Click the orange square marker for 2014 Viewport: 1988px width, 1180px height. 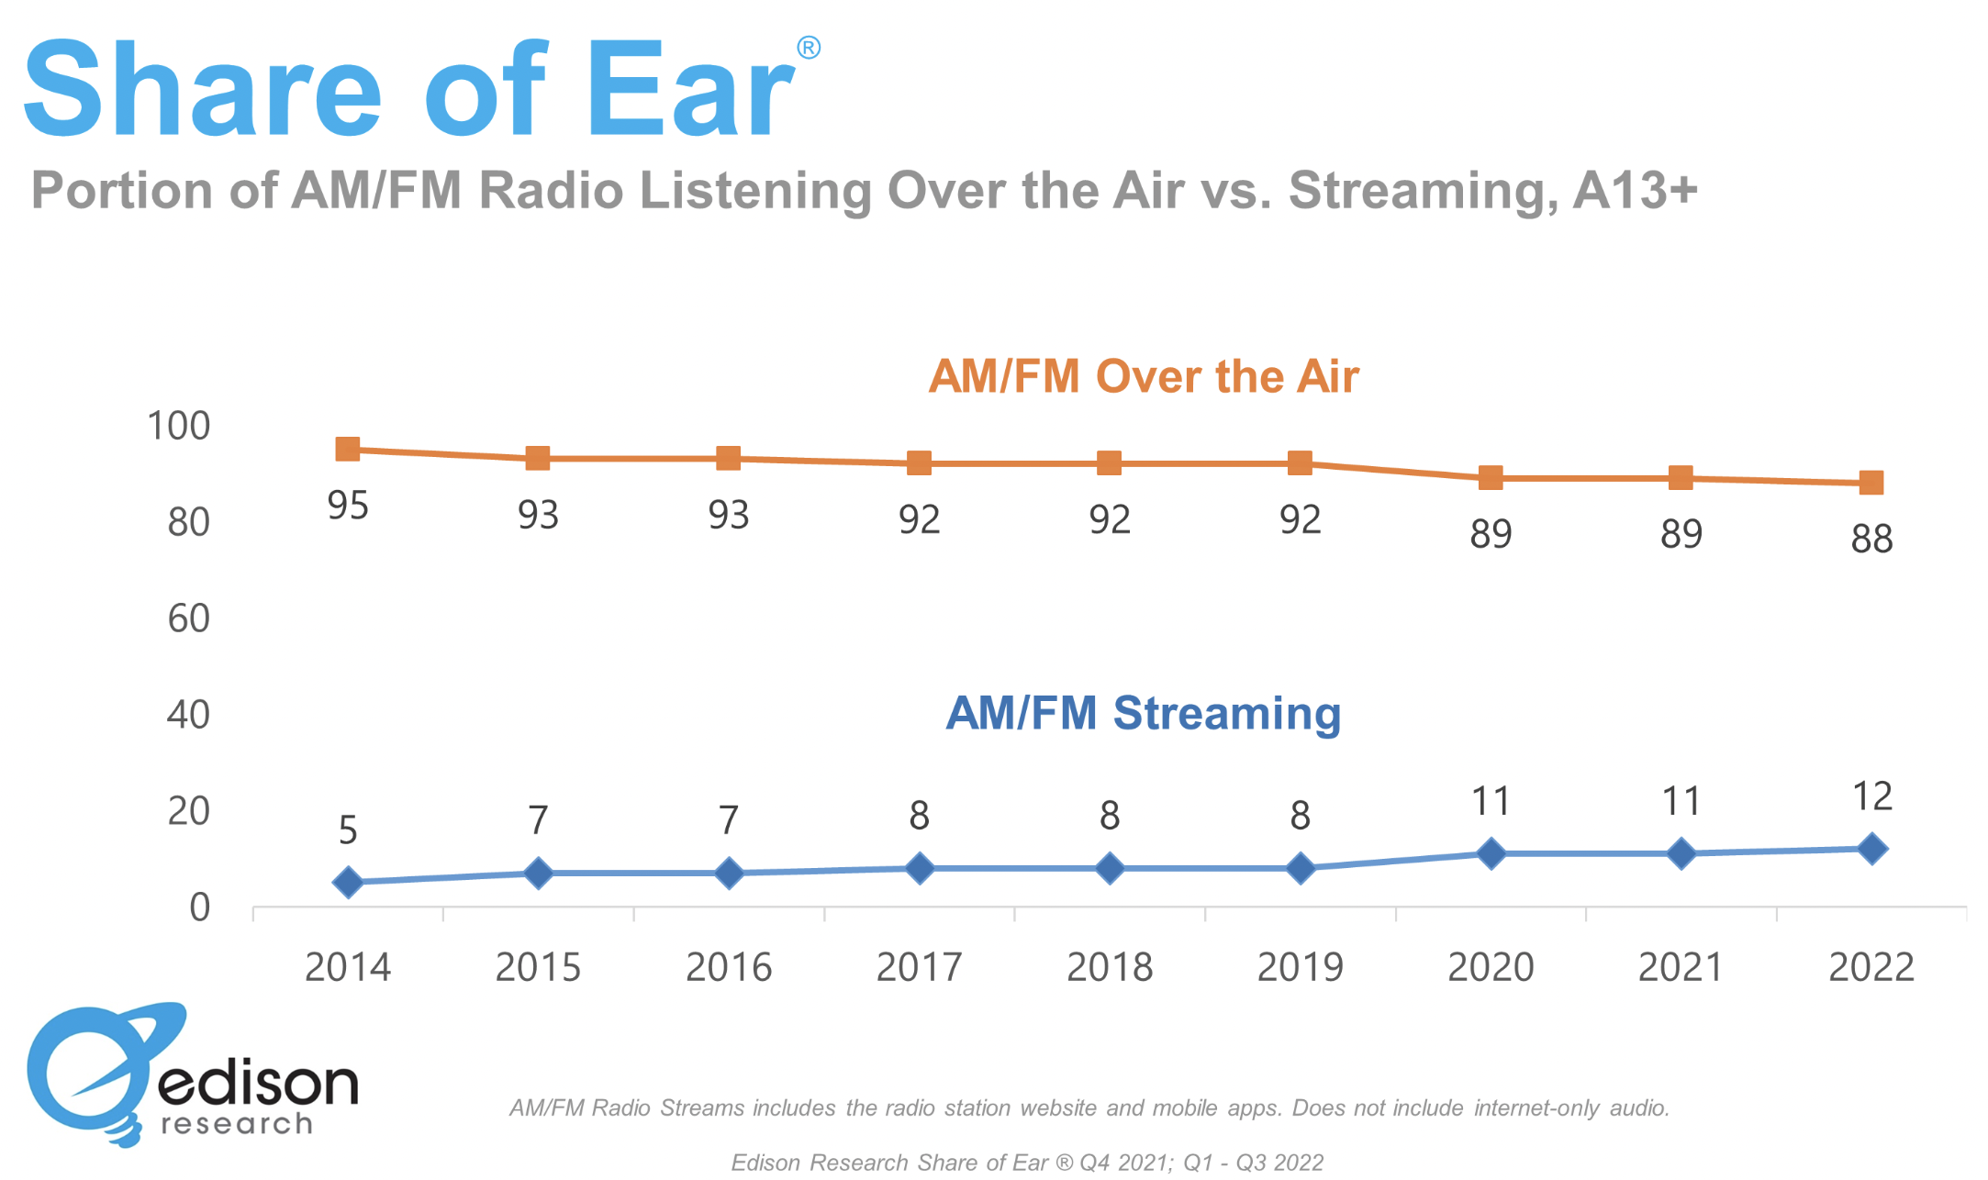pos(348,449)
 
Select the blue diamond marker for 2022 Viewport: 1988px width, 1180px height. pos(1871,849)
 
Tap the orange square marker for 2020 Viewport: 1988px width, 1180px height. pos(1491,477)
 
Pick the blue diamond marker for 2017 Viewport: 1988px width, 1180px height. pos(920,868)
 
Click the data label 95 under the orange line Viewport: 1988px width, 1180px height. pos(348,506)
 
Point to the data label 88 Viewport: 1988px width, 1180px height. pos(1871,539)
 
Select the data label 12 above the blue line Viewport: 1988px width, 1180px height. pos(1872,796)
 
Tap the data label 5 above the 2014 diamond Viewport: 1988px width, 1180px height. pos(348,830)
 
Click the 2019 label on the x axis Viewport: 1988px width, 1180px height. pos(1300,967)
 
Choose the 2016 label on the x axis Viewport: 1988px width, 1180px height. pos(729,967)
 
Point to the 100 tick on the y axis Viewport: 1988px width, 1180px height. pos(179,426)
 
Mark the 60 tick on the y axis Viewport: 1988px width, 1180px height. pos(189,618)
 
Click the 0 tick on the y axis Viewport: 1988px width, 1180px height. pos(200,907)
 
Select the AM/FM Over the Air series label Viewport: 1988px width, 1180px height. pos(1143,376)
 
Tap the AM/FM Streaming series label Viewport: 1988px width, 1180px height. pos(1143,713)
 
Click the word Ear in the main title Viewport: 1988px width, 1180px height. pos(689,90)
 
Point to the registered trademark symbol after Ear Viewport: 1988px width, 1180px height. pos(808,48)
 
